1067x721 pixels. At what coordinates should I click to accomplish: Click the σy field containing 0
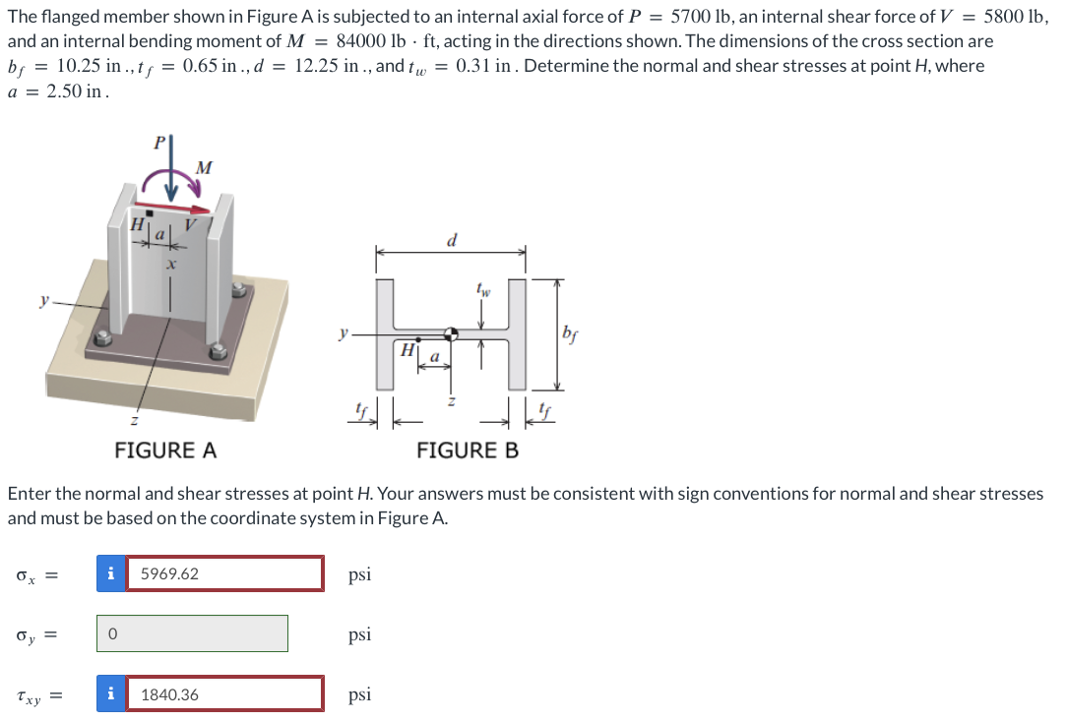click(193, 634)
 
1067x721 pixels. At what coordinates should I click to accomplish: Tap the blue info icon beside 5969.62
click(111, 573)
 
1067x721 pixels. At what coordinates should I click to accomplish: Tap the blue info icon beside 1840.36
click(111, 694)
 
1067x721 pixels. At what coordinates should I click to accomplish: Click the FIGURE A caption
click(165, 451)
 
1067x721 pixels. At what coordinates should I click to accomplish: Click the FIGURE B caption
click(467, 451)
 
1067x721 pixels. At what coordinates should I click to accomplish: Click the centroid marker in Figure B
click(450, 334)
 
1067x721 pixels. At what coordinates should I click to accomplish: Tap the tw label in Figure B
click(481, 290)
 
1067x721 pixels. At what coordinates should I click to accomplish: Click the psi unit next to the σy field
click(360, 634)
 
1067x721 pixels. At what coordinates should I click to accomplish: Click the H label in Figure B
click(405, 349)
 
